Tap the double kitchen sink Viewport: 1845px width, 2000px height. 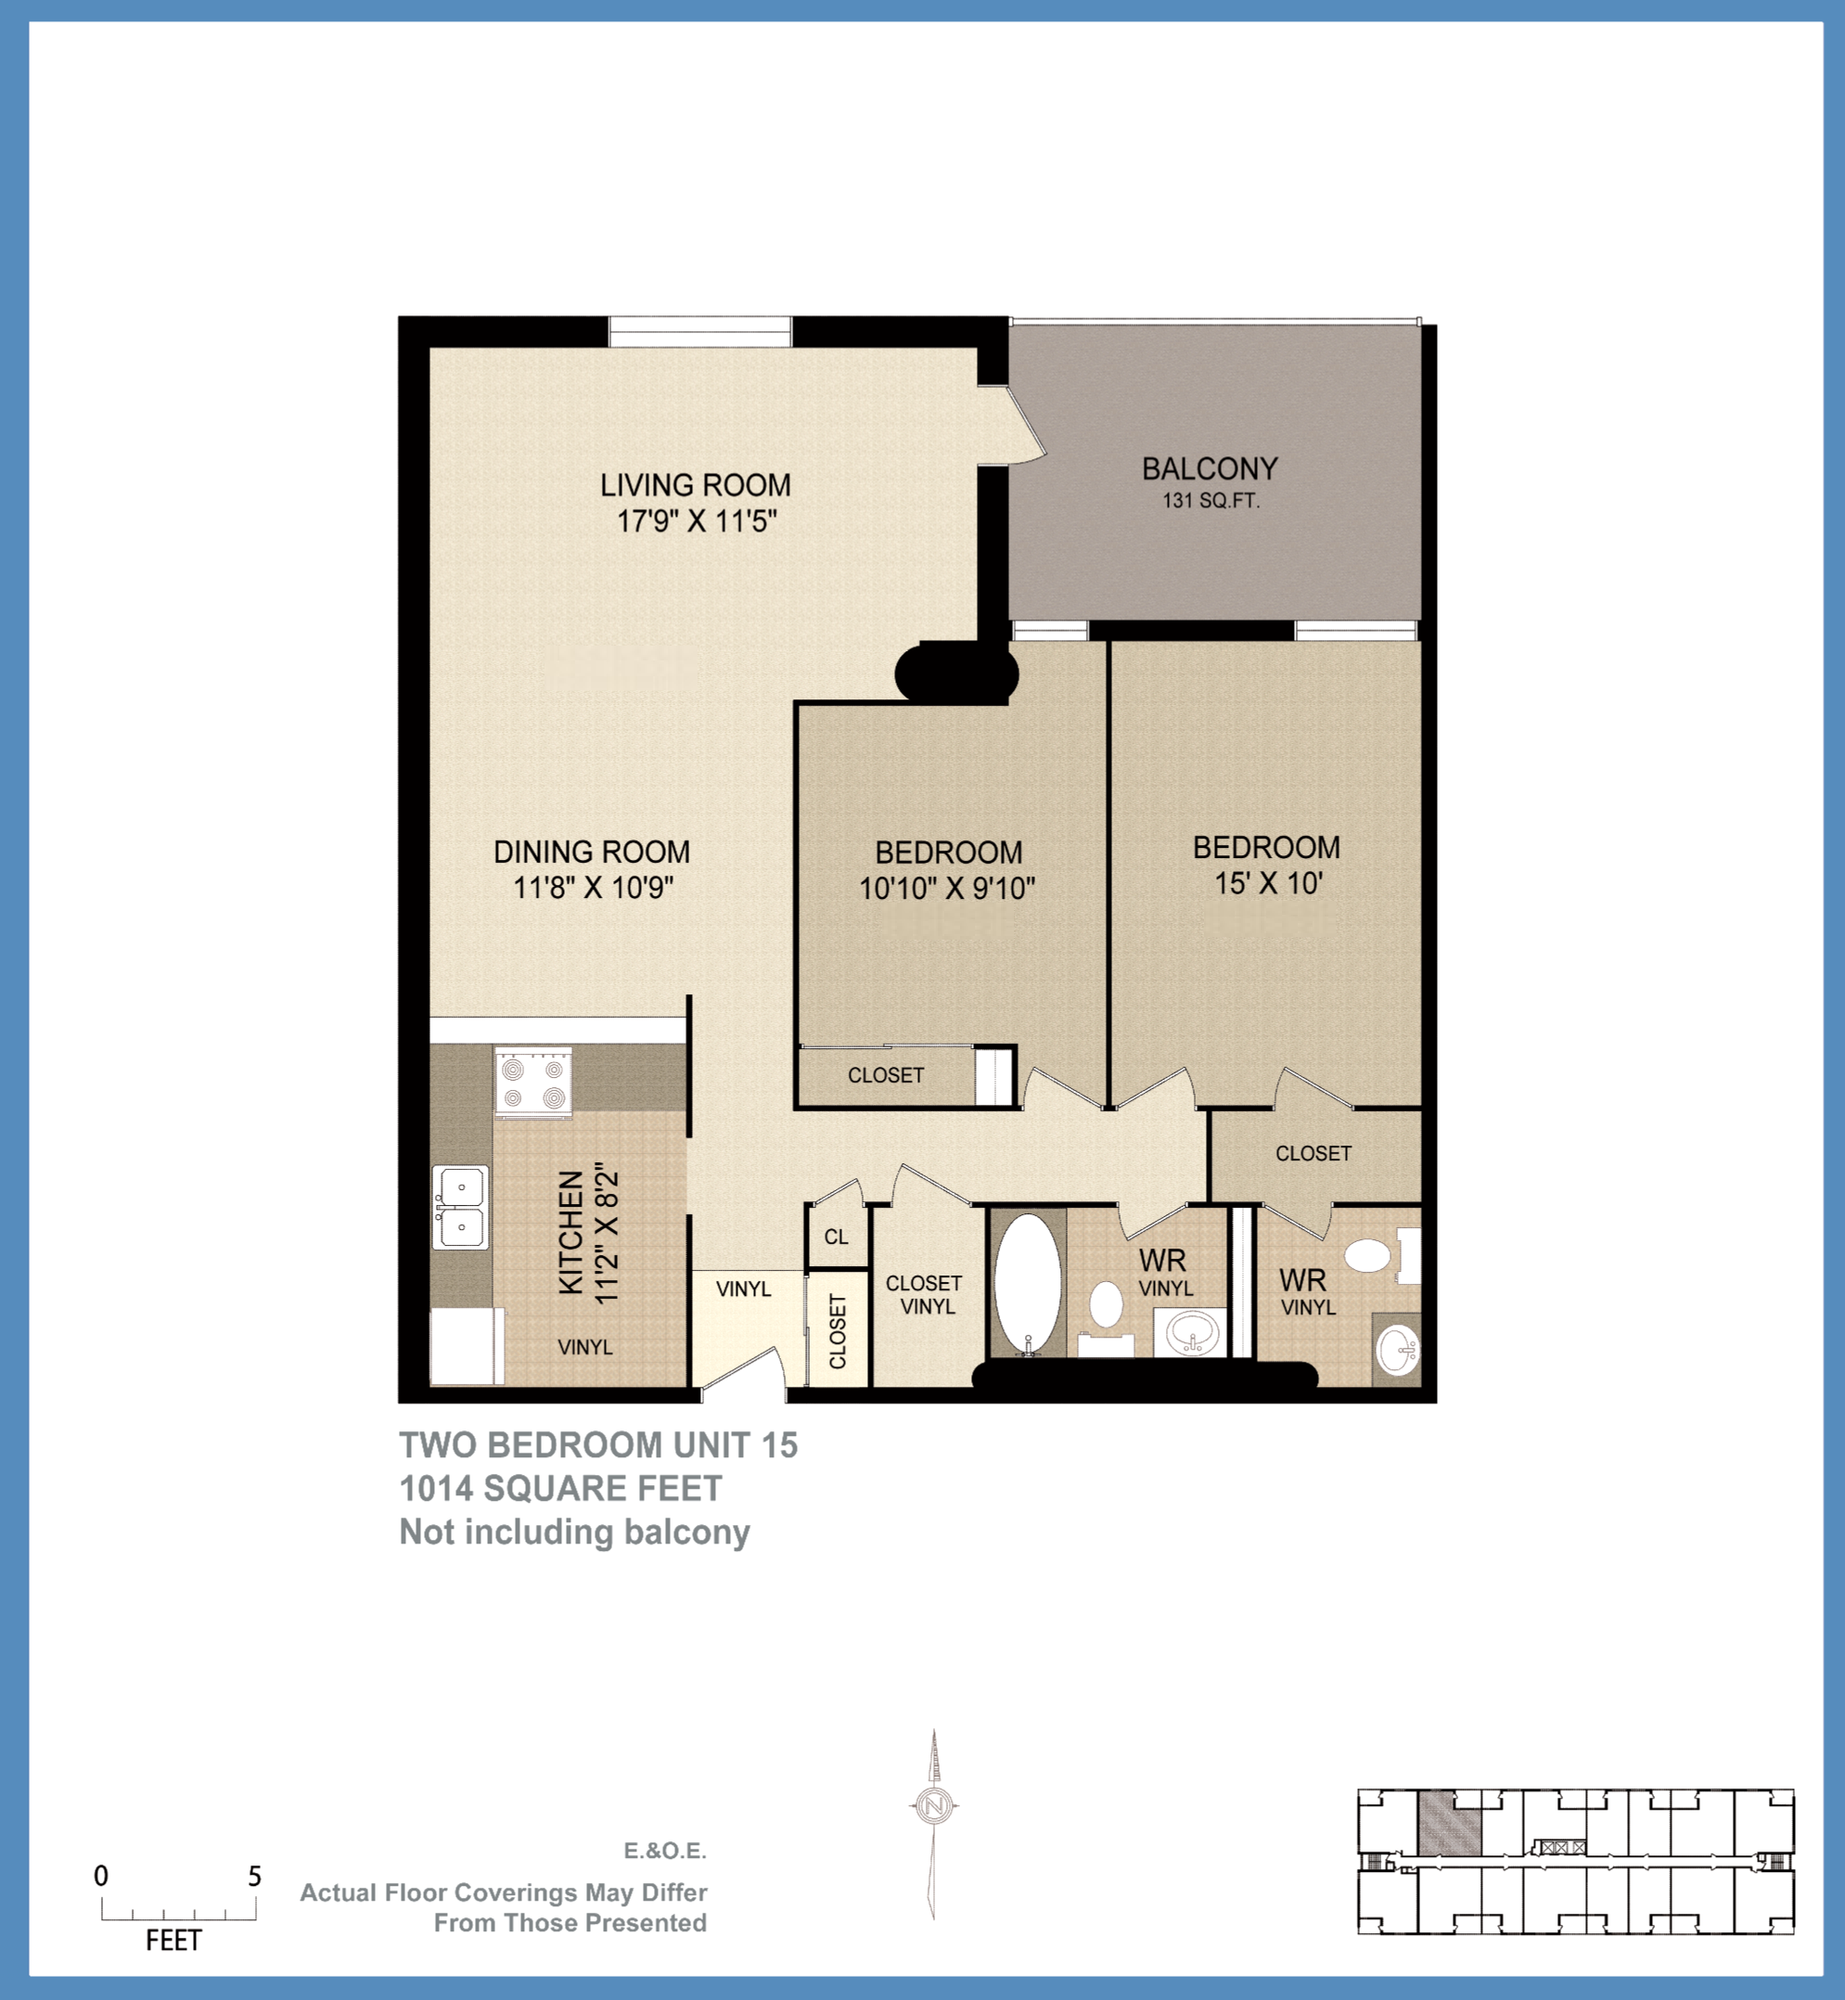460,1207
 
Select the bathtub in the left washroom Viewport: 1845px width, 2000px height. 1029,1284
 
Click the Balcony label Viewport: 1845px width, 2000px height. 1209,468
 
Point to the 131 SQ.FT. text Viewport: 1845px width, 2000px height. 1210,501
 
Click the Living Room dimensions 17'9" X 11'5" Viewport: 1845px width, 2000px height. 696,521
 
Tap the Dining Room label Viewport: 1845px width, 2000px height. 591,852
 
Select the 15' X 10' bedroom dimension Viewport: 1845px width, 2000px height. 1268,884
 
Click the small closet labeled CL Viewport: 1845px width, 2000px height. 836,1237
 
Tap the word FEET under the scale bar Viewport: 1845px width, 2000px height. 173,1941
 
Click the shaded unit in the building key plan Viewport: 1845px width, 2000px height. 1450,1823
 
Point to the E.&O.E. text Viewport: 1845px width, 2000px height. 665,1852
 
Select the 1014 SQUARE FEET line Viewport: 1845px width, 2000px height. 560,1489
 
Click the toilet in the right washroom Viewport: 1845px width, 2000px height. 1366,1256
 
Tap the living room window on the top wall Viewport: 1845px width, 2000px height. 699,331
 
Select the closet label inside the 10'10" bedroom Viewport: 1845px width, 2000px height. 886,1075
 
